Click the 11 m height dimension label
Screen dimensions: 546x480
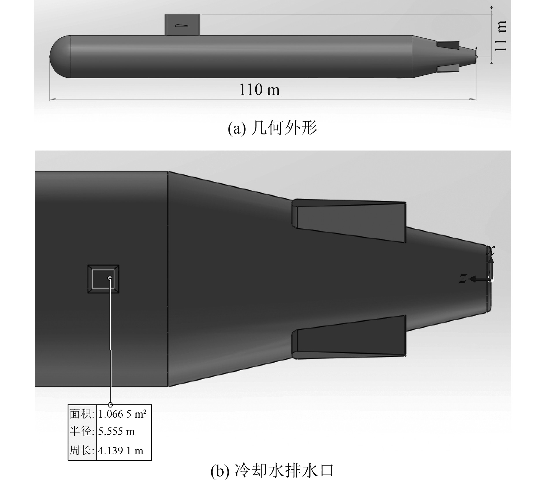tap(500, 36)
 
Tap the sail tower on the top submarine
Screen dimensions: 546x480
tap(182, 25)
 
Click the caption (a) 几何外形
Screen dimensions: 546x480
tap(272, 128)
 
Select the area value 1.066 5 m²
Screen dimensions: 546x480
tap(122, 414)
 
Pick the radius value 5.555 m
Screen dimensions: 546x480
tap(116, 431)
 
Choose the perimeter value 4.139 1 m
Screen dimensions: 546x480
tap(120, 451)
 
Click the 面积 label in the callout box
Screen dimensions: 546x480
tap(82, 414)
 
